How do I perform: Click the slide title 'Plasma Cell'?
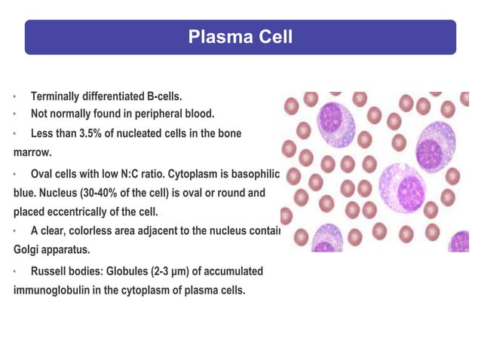240,37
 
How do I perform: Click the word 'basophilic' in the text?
253,175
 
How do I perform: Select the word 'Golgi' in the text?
27,249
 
